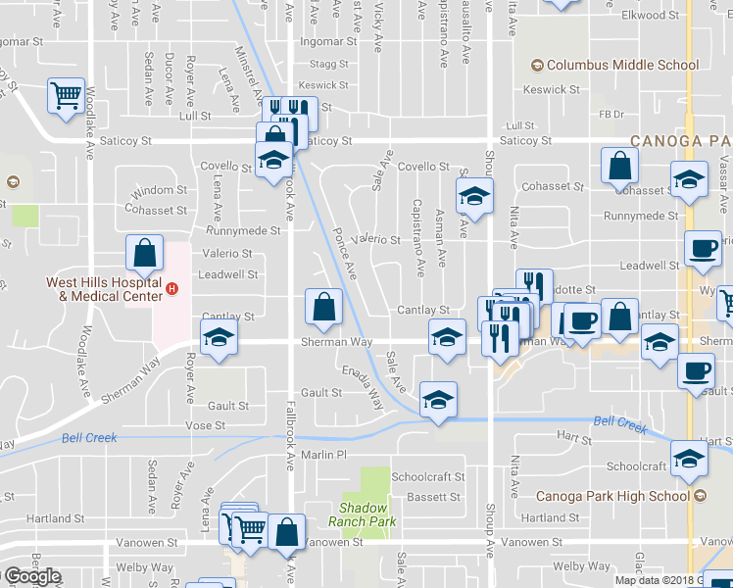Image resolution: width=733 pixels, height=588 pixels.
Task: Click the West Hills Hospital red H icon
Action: pyautogui.click(x=172, y=289)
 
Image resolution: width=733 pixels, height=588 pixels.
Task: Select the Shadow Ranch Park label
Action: pyautogui.click(x=363, y=514)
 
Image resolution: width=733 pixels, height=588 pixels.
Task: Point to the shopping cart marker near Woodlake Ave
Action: pyautogui.click(x=66, y=96)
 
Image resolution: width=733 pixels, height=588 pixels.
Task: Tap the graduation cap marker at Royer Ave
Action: pyautogui.click(x=217, y=338)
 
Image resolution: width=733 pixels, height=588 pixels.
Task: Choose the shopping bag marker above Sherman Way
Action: pyautogui.click(x=323, y=307)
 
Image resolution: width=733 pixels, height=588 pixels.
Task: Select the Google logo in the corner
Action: pyautogui.click(x=31, y=576)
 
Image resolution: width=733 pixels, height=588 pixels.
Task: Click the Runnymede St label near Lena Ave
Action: pyautogui.click(x=243, y=231)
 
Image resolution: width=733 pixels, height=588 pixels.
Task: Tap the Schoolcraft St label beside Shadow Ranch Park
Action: pyautogui.click(x=426, y=476)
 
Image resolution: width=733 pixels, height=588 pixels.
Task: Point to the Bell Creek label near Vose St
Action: pyautogui.click(x=88, y=438)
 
